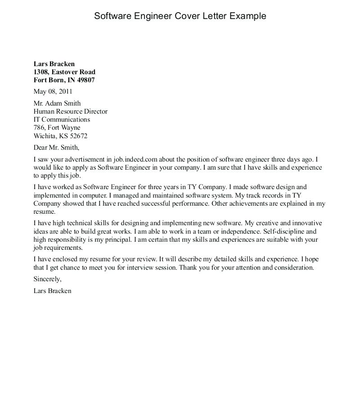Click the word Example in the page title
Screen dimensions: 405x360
click(248, 16)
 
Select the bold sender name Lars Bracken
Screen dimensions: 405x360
click(54, 64)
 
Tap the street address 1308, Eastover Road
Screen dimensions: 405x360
click(64, 72)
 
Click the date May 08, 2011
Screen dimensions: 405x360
click(52, 91)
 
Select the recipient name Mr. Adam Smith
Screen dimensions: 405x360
click(57, 103)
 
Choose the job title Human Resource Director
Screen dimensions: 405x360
click(71, 112)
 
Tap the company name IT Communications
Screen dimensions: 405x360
click(62, 120)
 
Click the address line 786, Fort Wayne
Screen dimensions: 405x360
click(57, 128)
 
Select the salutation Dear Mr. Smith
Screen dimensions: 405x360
click(56, 147)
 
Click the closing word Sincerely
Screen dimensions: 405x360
click(47, 279)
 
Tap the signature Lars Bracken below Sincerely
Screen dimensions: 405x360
click(52, 291)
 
